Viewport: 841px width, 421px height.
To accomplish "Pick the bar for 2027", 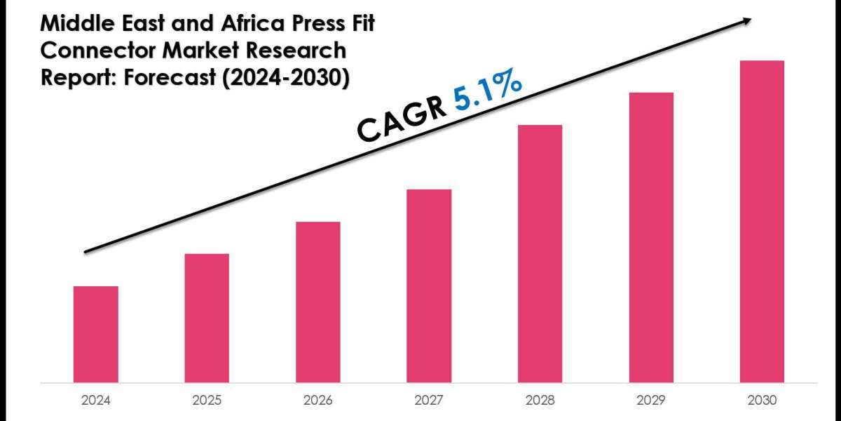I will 429,286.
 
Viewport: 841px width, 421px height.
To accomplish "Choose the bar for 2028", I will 540,253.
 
